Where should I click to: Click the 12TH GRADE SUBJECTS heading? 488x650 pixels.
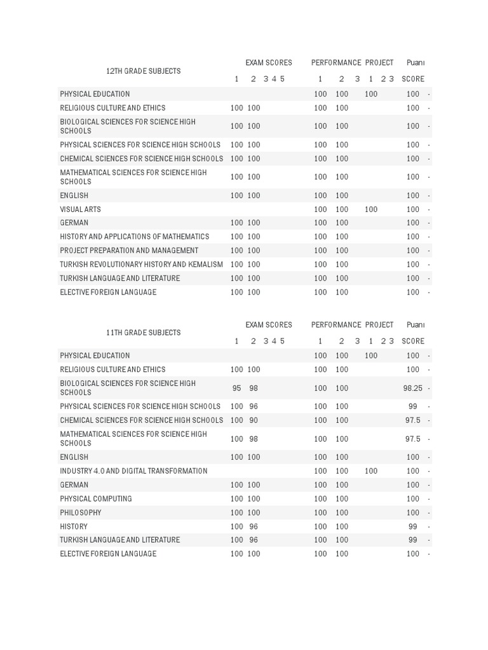[143, 71]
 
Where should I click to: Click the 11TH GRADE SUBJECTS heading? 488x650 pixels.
[143, 333]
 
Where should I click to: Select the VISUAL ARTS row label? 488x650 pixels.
[80, 209]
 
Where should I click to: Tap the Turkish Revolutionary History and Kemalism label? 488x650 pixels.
[141, 264]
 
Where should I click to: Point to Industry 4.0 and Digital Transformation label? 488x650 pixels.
[133, 471]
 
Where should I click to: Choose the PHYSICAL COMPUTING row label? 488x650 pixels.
[96, 499]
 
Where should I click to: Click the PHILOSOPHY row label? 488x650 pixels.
[81, 513]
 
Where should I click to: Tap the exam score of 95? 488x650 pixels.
[237, 388]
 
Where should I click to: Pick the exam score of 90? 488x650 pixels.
[254, 420]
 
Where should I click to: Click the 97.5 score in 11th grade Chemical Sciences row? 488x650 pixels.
[413, 420]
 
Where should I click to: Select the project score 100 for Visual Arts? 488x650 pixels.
[371, 209]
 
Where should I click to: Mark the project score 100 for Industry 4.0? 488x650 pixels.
[371, 471]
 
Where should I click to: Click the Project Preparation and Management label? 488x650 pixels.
[129, 251]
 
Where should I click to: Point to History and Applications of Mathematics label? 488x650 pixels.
[134, 237]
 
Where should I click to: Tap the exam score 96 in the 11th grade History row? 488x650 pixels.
[254, 527]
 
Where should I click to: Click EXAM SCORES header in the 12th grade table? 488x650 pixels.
[269, 63]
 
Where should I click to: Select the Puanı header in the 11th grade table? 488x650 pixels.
[416, 325]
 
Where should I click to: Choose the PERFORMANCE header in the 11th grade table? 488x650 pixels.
[336, 325]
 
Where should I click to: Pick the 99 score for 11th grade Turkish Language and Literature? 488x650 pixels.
[413, 540]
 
